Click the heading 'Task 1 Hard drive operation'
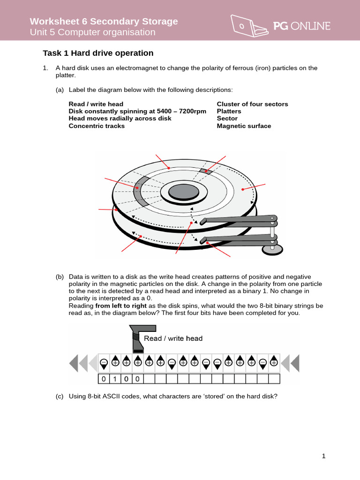pyautogui.click(x=98, y=53)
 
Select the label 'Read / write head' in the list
pyautogui.click(x=96, y=104)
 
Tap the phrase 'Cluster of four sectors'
pyautogui.click(x=252, y=104)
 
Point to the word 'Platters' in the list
pyautogui.click(x=229, y=111)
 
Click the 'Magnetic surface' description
pyautogui.click(x=244, y=126)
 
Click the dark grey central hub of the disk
pyautogui.click(x=184, y=191)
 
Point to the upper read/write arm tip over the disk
pyautogui.click(x=203, y=221)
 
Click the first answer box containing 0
pyautogui.click(x=103, y=378)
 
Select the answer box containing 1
pyautogui.click(x=114, y=378)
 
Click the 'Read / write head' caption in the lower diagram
pyautogui.click(x=173, y=338)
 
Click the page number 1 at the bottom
pyautogui.click(x=323, y=456)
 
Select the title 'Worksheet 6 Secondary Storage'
pyautogui.click(x=104, y=21)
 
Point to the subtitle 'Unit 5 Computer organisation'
pyautogui.click(x=92, y=32)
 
